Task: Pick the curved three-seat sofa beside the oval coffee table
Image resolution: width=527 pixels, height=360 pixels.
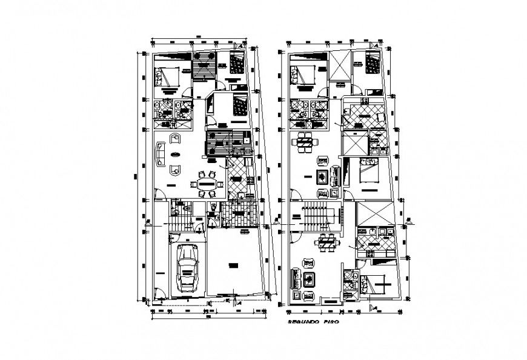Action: coord(161,153)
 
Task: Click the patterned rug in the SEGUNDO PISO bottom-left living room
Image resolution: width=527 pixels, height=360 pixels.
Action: coord(310,279)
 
